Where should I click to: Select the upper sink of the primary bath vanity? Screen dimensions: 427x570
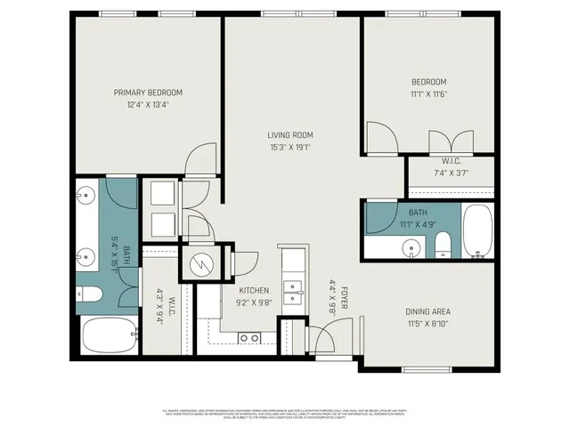pos(87,197)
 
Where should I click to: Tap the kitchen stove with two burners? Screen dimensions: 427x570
pos(250,337)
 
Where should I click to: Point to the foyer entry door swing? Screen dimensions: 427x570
pos(322,338)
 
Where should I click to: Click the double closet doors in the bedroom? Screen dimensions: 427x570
pos(450,141)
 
